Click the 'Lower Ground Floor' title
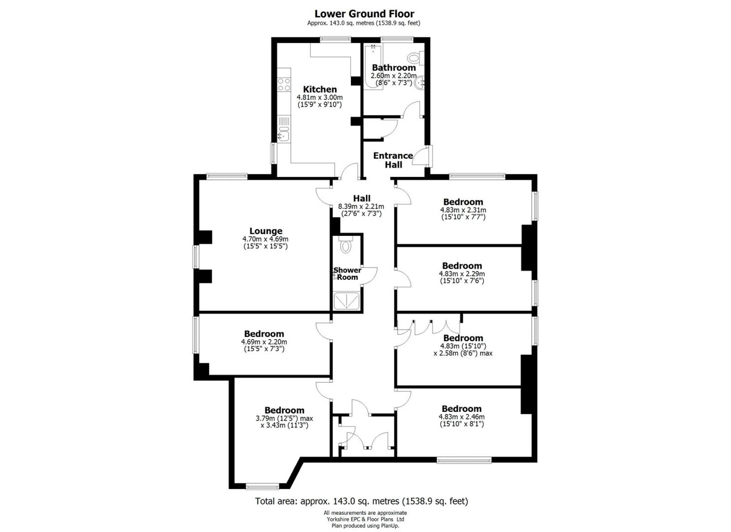click(x=364, y=14)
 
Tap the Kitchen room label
click(x=320, y=89)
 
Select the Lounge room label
click(x=266, y=231)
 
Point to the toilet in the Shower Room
click(x=346, y=245)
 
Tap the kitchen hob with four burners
click(x=284, y=84)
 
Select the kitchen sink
click(x=284, y=133)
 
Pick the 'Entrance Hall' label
click(x=393, y=160)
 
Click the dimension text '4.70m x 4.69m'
click(x=265, y=239)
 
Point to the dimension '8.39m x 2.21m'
click(x=361, y=206)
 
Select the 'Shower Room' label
click(x=348, y=273)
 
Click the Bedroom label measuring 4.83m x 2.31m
click(x=463, y=201)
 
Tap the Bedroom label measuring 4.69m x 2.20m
click(x=264, y=333)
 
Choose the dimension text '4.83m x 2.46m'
click(x=461, y=417)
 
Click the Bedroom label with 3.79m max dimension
click(x=284, y=410)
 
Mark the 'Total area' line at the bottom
click(x=361, y=501)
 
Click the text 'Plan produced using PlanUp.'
click(x=365, y=526)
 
